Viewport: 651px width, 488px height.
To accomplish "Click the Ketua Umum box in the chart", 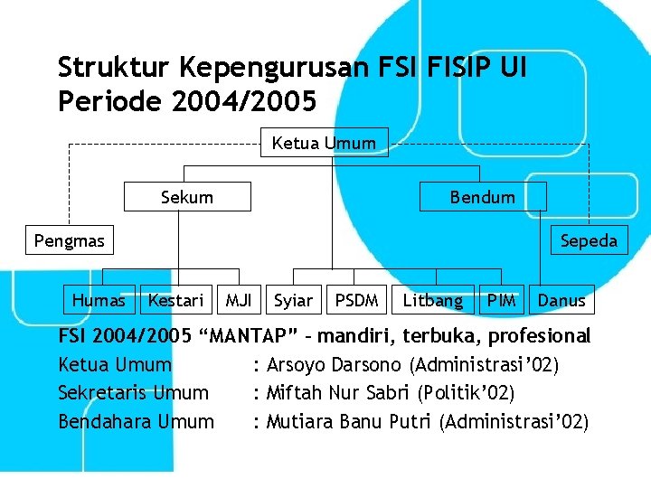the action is pyautogui.click(x=324, y=142).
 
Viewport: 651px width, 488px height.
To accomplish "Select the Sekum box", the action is pyautogui.click(x=187, y=197).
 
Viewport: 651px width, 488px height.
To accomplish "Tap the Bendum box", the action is pyautogui.click(x=483, y=197).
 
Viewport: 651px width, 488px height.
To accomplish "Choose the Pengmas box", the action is pyautogui.click(x=69, y=240).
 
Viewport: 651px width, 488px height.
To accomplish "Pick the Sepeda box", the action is pyautogui.click(x=589, y=240).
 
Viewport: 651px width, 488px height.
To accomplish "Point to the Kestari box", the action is pyautogui.click(x=176, y=300).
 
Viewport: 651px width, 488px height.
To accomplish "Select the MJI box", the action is pyautogui.click(x=239, y=300).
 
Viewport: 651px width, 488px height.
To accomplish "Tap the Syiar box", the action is pyautogui.click(x=293, y=300).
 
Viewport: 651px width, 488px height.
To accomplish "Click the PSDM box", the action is pyautogui.click(x=357, y=300).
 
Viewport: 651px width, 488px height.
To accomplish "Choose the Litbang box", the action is pyautogui.click(x=432, y=300).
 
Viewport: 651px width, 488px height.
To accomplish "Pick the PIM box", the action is pyautogui.click(x=501, y=300).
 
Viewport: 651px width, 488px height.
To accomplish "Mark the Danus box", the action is pyautogui.click(x=561, y=300).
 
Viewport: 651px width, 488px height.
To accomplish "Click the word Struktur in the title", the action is pyautogui.click(x=115, y=68).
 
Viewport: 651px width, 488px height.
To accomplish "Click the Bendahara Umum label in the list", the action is pyautogui.click(x=136, y=421).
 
